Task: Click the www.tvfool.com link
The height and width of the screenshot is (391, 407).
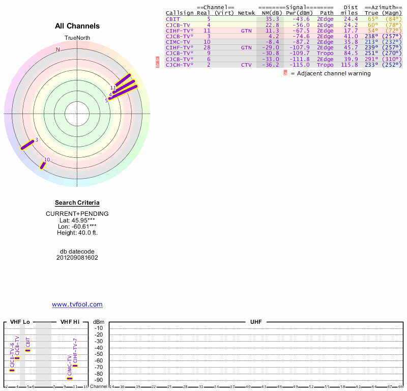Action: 77,304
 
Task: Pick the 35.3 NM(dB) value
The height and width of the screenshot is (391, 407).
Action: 272,19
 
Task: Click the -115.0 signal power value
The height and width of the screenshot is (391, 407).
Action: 301,65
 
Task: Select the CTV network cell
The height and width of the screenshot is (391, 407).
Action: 246,65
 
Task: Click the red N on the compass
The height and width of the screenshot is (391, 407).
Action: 58,49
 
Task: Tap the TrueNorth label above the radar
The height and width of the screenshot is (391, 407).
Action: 77,39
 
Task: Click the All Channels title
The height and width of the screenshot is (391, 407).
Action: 77,26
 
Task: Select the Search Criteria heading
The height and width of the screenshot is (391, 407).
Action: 77,203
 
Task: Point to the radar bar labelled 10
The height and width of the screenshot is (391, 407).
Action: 43,165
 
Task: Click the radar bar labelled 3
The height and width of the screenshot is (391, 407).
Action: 27,145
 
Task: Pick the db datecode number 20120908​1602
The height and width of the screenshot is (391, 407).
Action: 77,258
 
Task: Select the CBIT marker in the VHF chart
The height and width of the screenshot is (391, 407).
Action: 28,350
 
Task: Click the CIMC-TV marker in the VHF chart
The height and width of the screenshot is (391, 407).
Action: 70,378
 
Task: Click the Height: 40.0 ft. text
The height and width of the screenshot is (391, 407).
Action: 77,233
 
